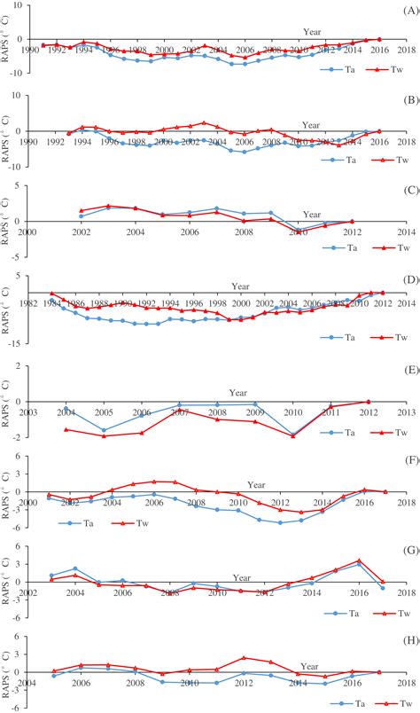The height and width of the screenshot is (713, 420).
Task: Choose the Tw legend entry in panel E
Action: (x=373, y=432)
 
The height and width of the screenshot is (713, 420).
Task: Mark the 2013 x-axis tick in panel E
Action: (x=405, y=411)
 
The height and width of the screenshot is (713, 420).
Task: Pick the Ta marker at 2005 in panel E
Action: (x=104, y=430)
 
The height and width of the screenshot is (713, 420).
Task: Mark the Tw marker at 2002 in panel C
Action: (x=82, y=210)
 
